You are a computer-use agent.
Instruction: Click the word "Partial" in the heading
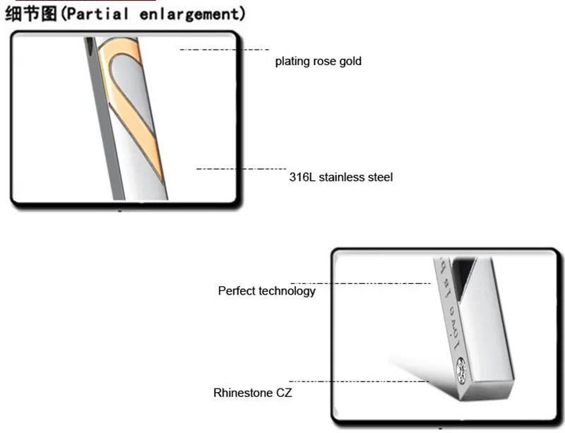pyautogui.click(x=100, y=13)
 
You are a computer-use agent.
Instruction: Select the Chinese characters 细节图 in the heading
pyautogui.click(x=30, y=13)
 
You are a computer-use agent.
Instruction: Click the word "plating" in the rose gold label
pyautogui.click(x=292, y=61)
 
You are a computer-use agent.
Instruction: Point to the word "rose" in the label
pyautogui.click(x=324, y=61)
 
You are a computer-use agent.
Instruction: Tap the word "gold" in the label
pyautogui.click(x=350, y=61)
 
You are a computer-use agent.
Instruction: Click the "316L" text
pyautogui.click(x=302, y=177)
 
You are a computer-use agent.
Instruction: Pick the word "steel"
pyautogui.click(x=379, y=177)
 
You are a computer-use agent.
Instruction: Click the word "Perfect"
pyautogui.click(x=237, y=291)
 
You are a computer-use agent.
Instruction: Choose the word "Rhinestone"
pyautogui.click(x=242, y=393)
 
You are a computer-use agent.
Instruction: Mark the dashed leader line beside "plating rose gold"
pyautogui.click(x=225, y=49)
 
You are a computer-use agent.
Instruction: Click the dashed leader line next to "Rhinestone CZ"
pyautogui.click(x=360, y=381)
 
